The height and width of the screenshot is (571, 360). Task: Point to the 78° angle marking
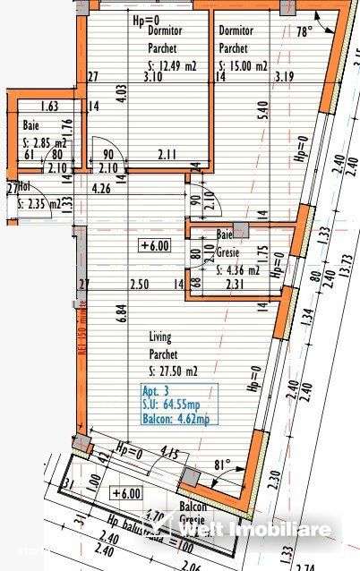coord(304,31)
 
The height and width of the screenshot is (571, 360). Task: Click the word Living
coord(161,337)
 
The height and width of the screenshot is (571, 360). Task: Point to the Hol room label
coord(26,189)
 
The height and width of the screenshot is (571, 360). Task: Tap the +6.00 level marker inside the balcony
coord(126,493)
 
